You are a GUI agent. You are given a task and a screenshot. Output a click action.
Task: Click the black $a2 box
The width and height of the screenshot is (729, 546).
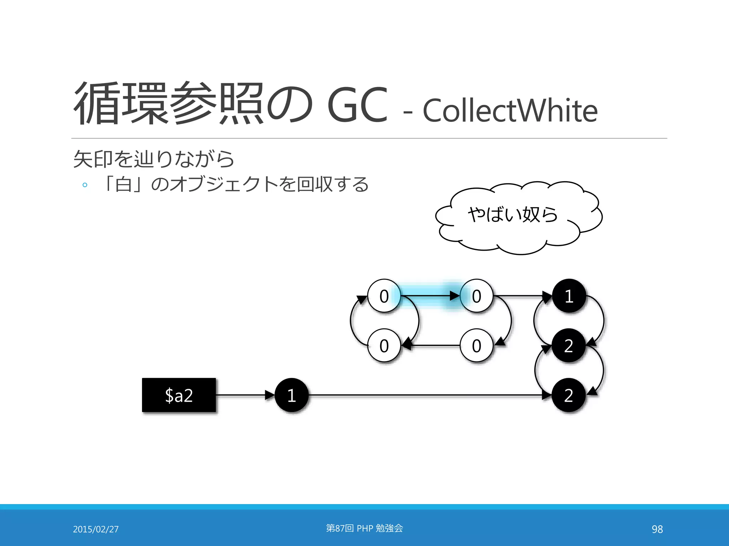(179, 395)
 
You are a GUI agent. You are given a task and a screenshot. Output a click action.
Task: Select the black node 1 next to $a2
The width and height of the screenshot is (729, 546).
(292, 395)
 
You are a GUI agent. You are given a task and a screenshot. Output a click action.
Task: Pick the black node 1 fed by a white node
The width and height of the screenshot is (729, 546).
(569, 296)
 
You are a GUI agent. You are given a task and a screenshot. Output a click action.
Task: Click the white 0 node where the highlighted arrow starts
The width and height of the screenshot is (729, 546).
(384, 296)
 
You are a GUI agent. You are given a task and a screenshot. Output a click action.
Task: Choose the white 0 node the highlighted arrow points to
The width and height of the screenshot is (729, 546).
(476, 296)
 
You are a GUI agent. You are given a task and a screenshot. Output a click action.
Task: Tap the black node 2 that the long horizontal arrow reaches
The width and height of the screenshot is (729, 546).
(568, 395)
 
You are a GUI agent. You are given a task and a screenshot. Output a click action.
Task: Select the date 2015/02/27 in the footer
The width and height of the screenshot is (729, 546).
(96, 529)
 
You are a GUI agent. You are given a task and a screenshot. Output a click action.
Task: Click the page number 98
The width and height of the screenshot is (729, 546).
(657, 529)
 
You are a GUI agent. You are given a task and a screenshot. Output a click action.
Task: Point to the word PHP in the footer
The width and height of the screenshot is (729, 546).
(365, 528)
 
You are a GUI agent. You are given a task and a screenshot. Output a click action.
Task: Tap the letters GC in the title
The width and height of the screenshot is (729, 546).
(357, 105)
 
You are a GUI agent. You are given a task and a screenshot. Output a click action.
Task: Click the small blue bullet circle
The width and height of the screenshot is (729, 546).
(85, 185)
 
